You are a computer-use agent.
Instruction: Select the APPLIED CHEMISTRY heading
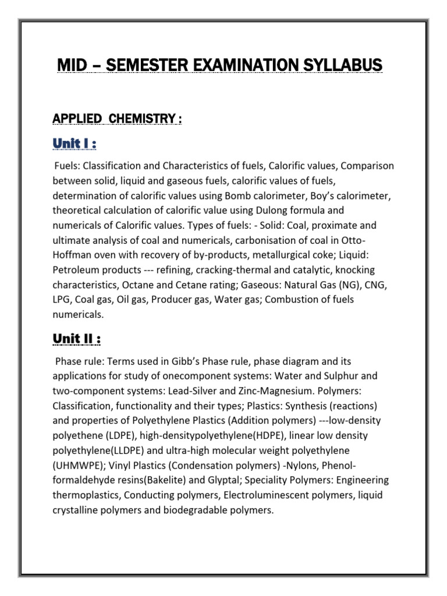[x=117, y=119]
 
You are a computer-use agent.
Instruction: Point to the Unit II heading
[x=78, y=338]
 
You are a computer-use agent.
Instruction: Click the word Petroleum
[x=76, y=270]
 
